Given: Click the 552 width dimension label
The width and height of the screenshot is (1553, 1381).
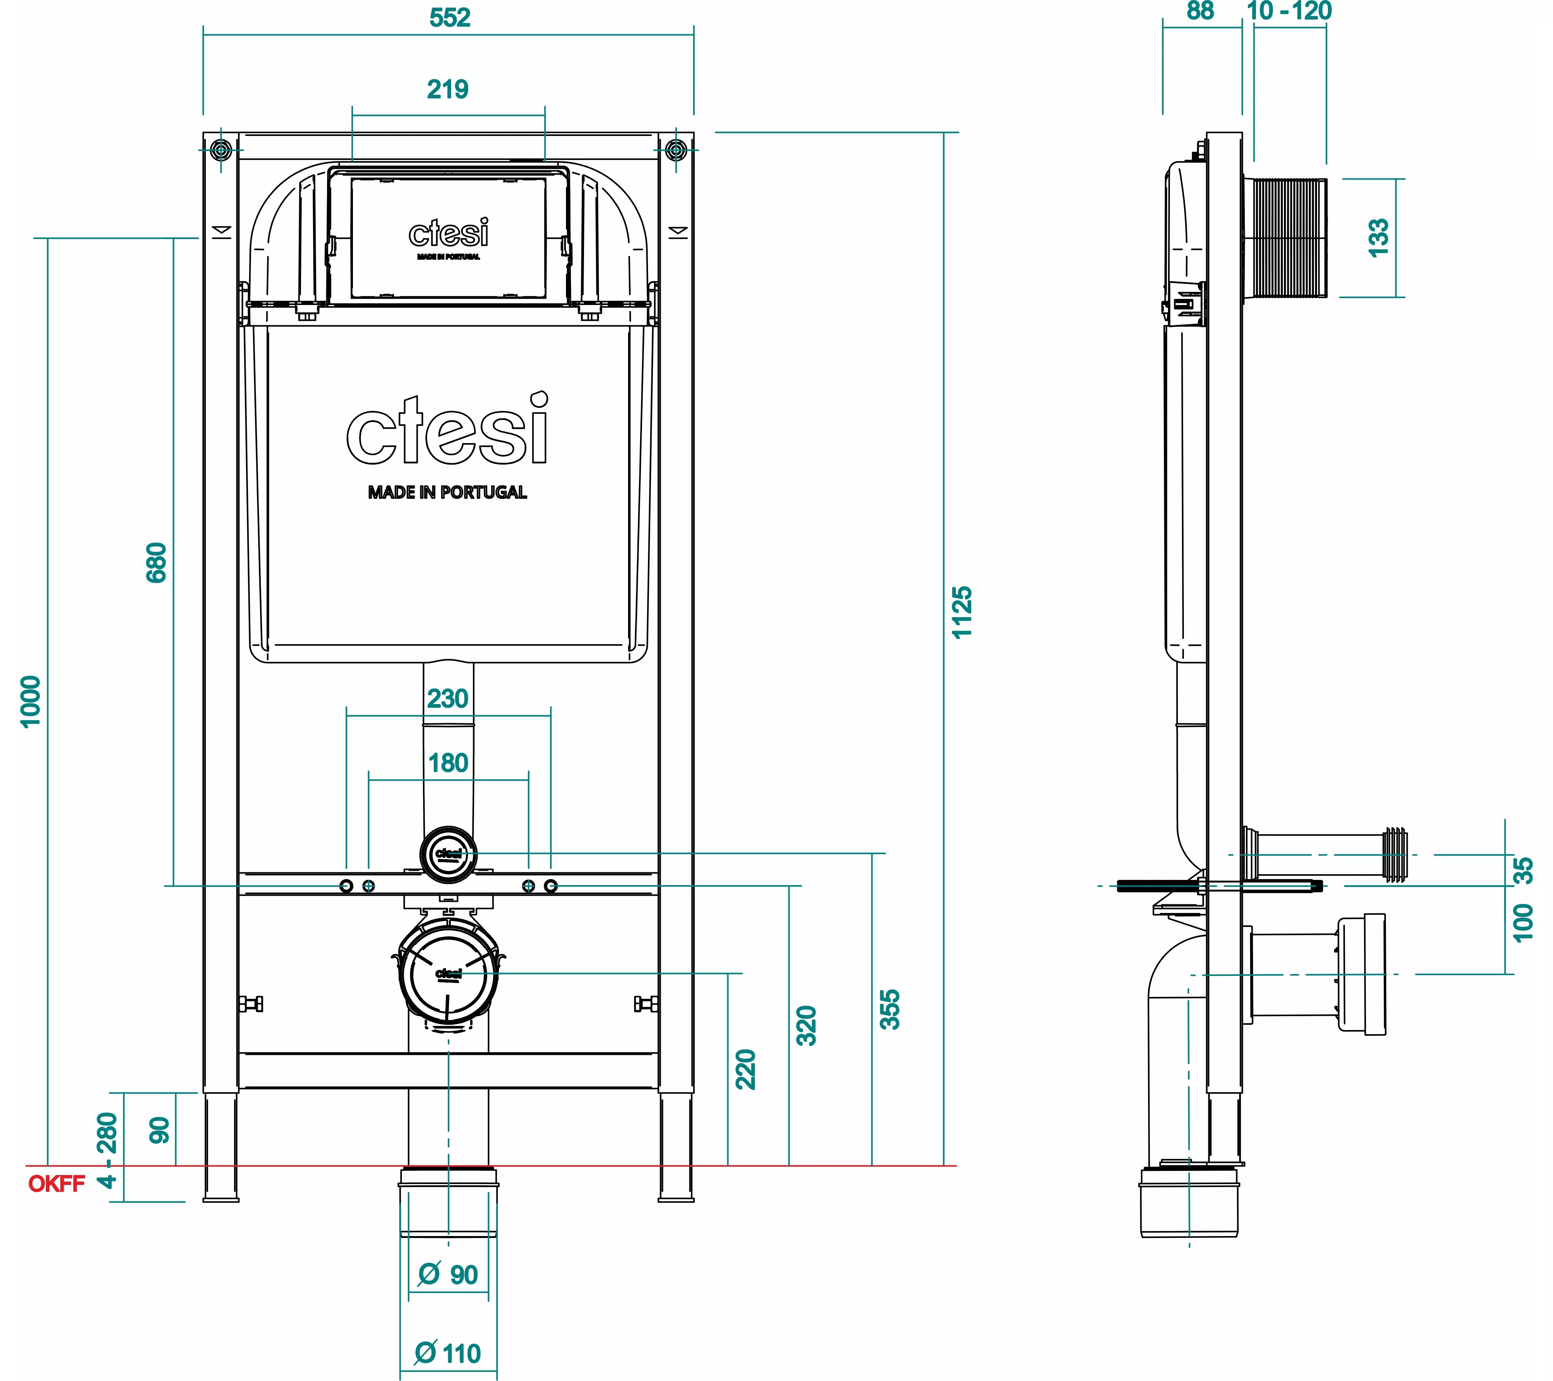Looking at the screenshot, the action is tap(450, 17).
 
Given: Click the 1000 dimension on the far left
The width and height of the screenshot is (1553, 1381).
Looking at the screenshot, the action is tap(30, 701).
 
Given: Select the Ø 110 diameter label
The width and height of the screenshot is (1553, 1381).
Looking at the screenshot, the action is tap(447, 1354).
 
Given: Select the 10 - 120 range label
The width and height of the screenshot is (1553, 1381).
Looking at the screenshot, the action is tap(1289, 11).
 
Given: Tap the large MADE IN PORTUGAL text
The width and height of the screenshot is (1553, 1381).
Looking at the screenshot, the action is tap(447, 492).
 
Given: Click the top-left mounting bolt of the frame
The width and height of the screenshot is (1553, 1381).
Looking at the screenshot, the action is tap(221, 150).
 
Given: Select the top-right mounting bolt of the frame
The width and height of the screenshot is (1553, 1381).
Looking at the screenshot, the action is tap(675, 150).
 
